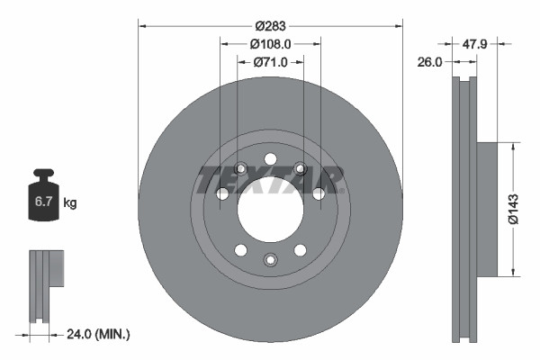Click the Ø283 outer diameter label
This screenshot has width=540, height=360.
coord(270,24)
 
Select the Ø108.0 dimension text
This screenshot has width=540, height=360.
coord(270,43)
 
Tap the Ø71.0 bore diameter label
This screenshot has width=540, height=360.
coord(270,62)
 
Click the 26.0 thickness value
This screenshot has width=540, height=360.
coord(432,62)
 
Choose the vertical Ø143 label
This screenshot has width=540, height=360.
coord(512,208)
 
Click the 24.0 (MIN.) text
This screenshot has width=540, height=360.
coord(99,334)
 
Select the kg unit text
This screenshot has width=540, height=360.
coord(70,203)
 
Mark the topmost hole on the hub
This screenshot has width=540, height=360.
coord(270,160)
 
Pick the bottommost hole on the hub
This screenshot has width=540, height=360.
coord(270,260)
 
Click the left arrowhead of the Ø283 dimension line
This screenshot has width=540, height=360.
coord(141,24)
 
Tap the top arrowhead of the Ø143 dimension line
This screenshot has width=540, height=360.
coord(512,145)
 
